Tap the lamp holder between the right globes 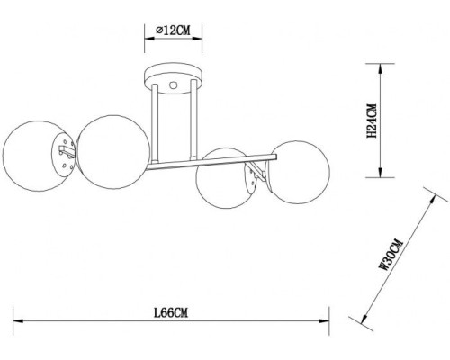[x=260, y=175]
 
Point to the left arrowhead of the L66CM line [x=15, y=321]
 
